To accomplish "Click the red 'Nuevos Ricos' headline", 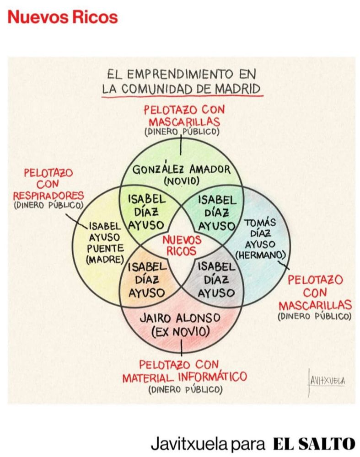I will point(63,17).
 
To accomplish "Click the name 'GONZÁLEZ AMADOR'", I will point(182,170).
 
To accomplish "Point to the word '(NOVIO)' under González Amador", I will point(182,181).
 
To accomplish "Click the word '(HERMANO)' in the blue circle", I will point(262,254).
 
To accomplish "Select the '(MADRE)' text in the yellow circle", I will point(105,259).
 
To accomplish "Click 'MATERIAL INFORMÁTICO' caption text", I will point(184,377).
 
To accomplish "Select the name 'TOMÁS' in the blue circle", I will point(261,223).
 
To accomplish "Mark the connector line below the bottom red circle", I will point(182,349).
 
